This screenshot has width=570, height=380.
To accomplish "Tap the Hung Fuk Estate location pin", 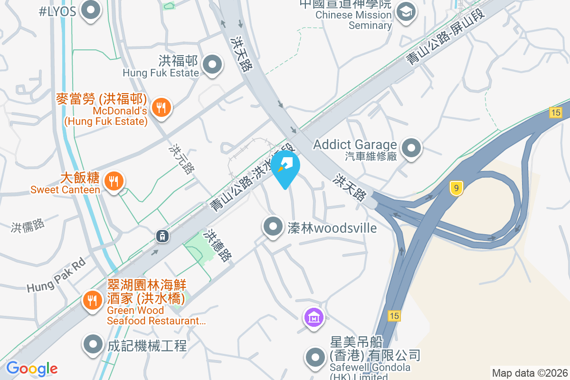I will pyautogui.click(x=212, y=65).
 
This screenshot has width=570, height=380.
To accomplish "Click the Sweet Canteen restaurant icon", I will pyautogui.click(x=114, y=181).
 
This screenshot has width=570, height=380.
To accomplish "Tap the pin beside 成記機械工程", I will pyautogui.click(x=93, y=345).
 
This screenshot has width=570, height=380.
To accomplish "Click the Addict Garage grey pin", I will pyautogui.click(x=411, y=148).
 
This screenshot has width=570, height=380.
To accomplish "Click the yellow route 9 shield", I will pyautogui.click(x=456, y=189).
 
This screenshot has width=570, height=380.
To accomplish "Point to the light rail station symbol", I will pyautogui.click(x=162, y=235).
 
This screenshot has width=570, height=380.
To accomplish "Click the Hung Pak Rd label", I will pyautogui.click(x=56, y=275).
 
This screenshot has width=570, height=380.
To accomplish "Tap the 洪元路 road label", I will pyautogui.click(x=182, y=159).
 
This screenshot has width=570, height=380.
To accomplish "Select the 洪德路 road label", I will pyautogui.click(x=218, y=246).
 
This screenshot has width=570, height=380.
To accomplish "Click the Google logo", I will pyautogui.click(x=32, y=368).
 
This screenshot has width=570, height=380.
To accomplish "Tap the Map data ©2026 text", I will pyautogui.click(x=530, y=373).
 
